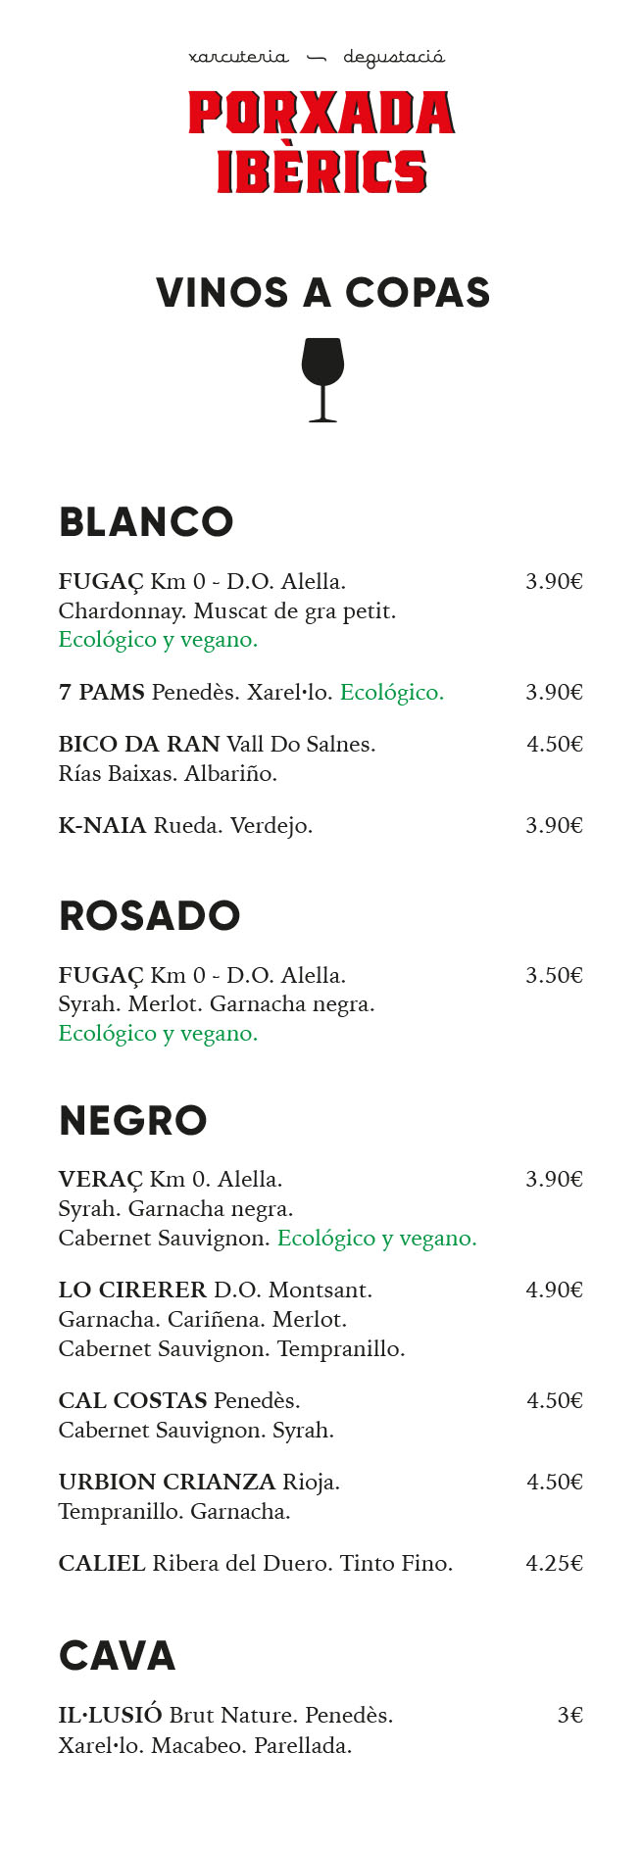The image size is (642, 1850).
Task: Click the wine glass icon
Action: [x=322, y=379]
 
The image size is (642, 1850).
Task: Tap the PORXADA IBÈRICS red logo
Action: [x=321, y=141]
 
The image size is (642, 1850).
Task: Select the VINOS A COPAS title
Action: [x=322, y=293]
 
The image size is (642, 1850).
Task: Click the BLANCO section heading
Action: [x=146, y=522]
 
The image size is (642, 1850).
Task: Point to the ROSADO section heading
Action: [x=149, y=916]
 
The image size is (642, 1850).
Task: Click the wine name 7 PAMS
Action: [x=101, y=693]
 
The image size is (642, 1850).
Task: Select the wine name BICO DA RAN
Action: [x=138, y=745]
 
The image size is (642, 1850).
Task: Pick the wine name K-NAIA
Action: [x=102, y=826]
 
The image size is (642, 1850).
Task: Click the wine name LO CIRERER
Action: [x=132, y=1290]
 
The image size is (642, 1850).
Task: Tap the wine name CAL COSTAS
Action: [x=132, y=1401]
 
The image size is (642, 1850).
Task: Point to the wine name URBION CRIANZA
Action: [x=167, y=1483]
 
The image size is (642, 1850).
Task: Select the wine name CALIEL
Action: [x=102, y=1564]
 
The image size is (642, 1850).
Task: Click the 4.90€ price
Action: [x=554, y=1290]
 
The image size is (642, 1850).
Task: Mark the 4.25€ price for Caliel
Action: [x=554, y=1564]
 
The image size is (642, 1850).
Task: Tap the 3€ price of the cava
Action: [x=569, y=1716]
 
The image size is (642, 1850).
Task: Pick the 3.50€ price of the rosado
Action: [x=554, y=976]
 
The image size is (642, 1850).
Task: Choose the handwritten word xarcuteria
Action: [x=238, y=58]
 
